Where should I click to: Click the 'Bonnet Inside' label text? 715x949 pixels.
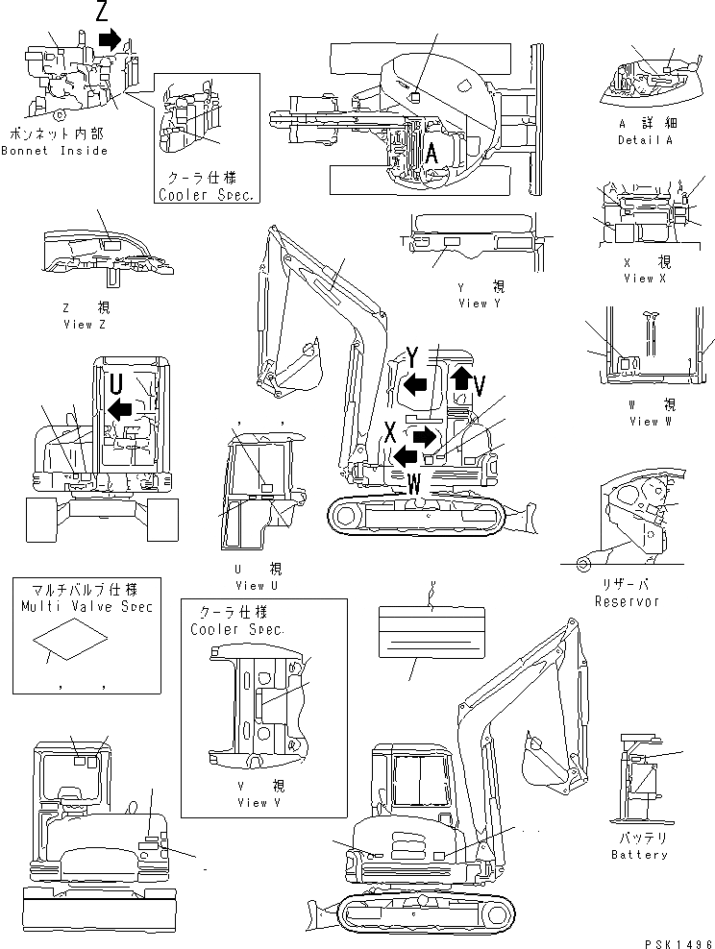point(54,151)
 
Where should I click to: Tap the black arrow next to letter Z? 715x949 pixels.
point(111,39)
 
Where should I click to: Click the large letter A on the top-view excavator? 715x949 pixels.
point(432,151)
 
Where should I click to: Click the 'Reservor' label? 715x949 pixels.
point(627,601)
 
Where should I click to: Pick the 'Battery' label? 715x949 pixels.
point(639,854)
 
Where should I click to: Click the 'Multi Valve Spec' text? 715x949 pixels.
point(86,606)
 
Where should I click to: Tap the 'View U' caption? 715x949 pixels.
point(256,586)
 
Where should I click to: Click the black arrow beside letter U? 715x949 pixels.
point(119,410)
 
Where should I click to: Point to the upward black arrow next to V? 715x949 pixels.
point(461,377)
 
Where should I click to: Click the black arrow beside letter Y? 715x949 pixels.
point(415,385)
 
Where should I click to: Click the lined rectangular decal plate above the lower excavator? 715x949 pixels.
point(431,631)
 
